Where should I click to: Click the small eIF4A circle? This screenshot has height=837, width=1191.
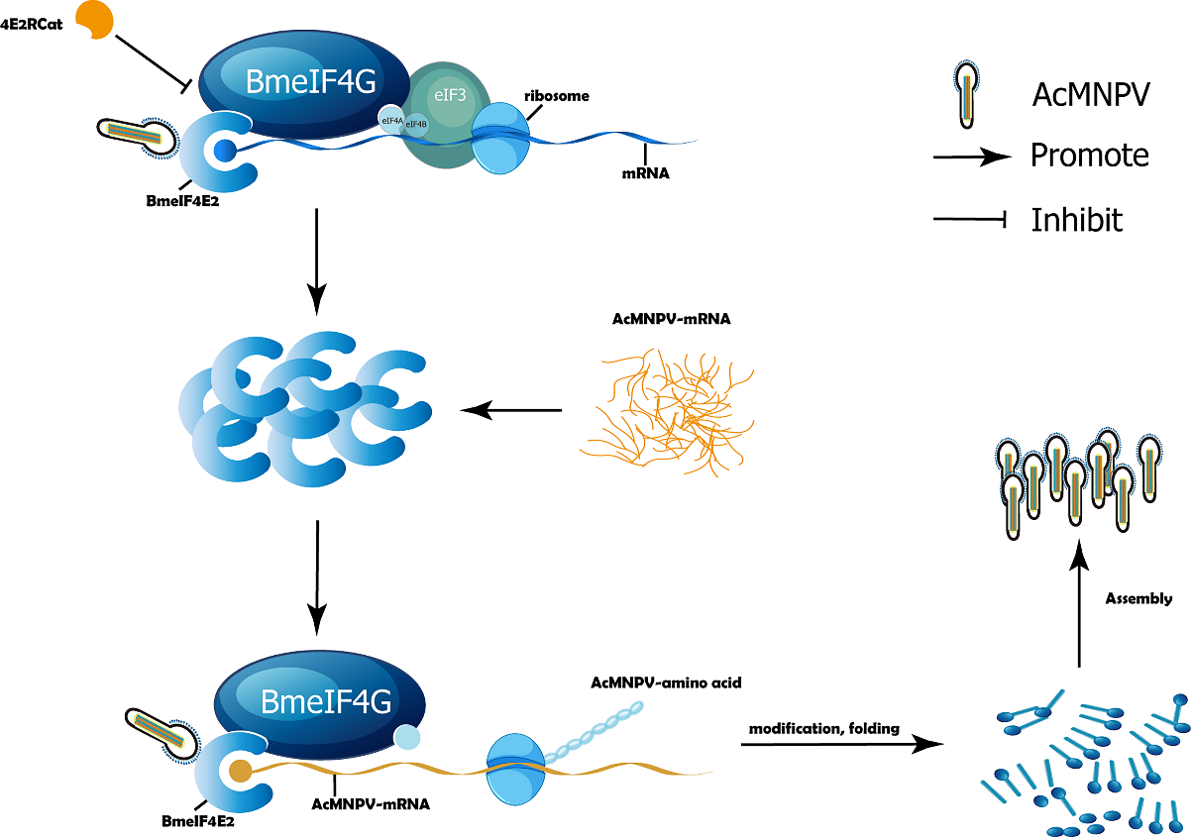pos(390,119)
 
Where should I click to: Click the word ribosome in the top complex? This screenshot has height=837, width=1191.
pos(557,96)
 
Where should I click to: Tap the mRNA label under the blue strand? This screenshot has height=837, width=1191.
pos(646,172)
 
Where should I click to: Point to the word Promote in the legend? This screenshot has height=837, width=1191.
pos(1089,156)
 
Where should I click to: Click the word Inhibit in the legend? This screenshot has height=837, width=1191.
pos(1076,219)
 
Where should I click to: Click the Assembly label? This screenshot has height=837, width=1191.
pos(1138,598)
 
